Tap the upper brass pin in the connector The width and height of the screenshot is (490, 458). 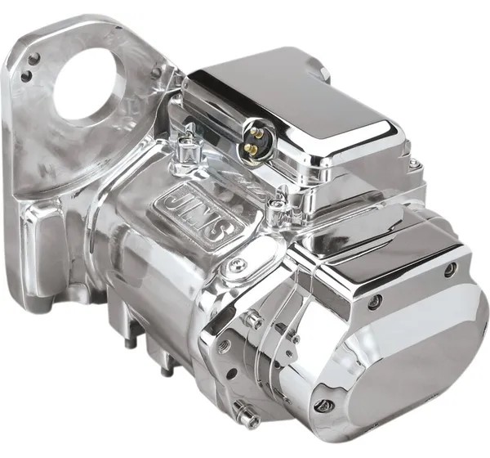257,133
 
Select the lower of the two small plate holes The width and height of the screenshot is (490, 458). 26,75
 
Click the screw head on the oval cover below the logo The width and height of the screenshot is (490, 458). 237,266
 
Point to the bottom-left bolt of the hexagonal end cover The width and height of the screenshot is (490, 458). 323,406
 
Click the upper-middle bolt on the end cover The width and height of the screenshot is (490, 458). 375,301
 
